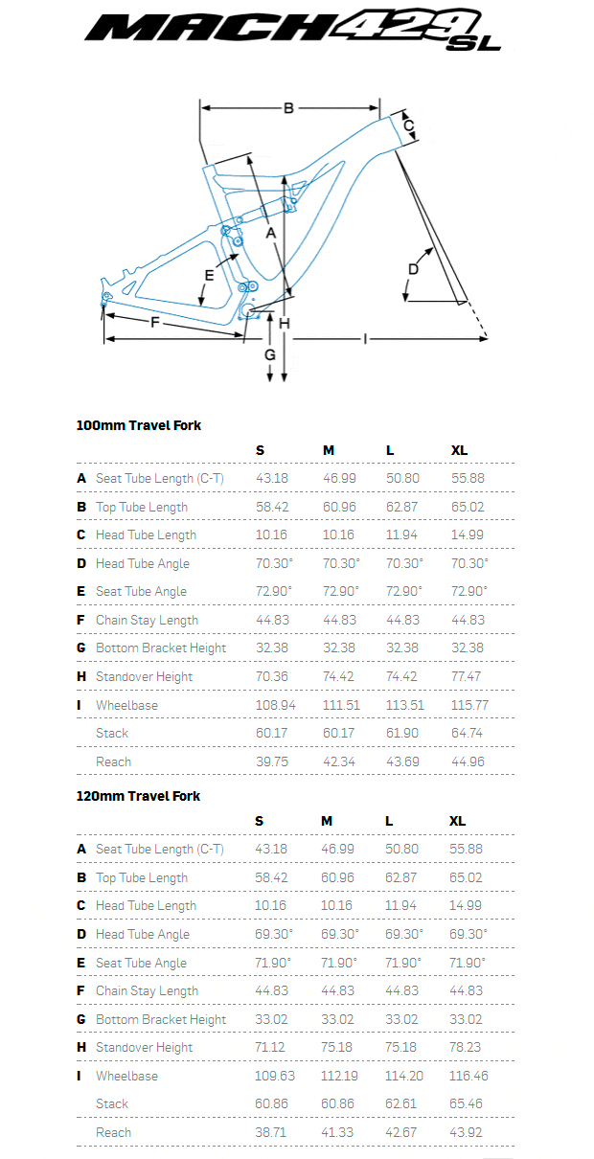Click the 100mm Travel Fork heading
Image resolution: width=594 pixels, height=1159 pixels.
coord(139,425)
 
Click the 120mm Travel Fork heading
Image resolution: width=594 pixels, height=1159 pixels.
coord(139,796)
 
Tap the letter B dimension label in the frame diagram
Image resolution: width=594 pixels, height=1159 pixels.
coord(288,108)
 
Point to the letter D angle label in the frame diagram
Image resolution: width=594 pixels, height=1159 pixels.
coord(413,268)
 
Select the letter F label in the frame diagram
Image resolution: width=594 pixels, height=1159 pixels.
coord(155,323)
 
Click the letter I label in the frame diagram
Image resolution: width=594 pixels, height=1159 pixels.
coord(365,338)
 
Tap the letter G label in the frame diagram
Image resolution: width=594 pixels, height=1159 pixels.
coord(270,354)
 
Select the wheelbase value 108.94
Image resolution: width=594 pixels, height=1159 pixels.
coord(274,705)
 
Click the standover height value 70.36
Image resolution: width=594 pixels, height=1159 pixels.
coord(274,676)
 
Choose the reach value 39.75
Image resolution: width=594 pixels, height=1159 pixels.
coord(274,761)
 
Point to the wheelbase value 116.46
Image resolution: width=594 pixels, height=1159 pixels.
coord(468,1076)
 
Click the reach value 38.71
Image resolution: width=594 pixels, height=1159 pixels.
coord(274,1132)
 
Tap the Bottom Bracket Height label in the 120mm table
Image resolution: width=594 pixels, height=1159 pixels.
coord(161,1019)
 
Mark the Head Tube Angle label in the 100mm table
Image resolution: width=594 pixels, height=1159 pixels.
coord(143,563)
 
